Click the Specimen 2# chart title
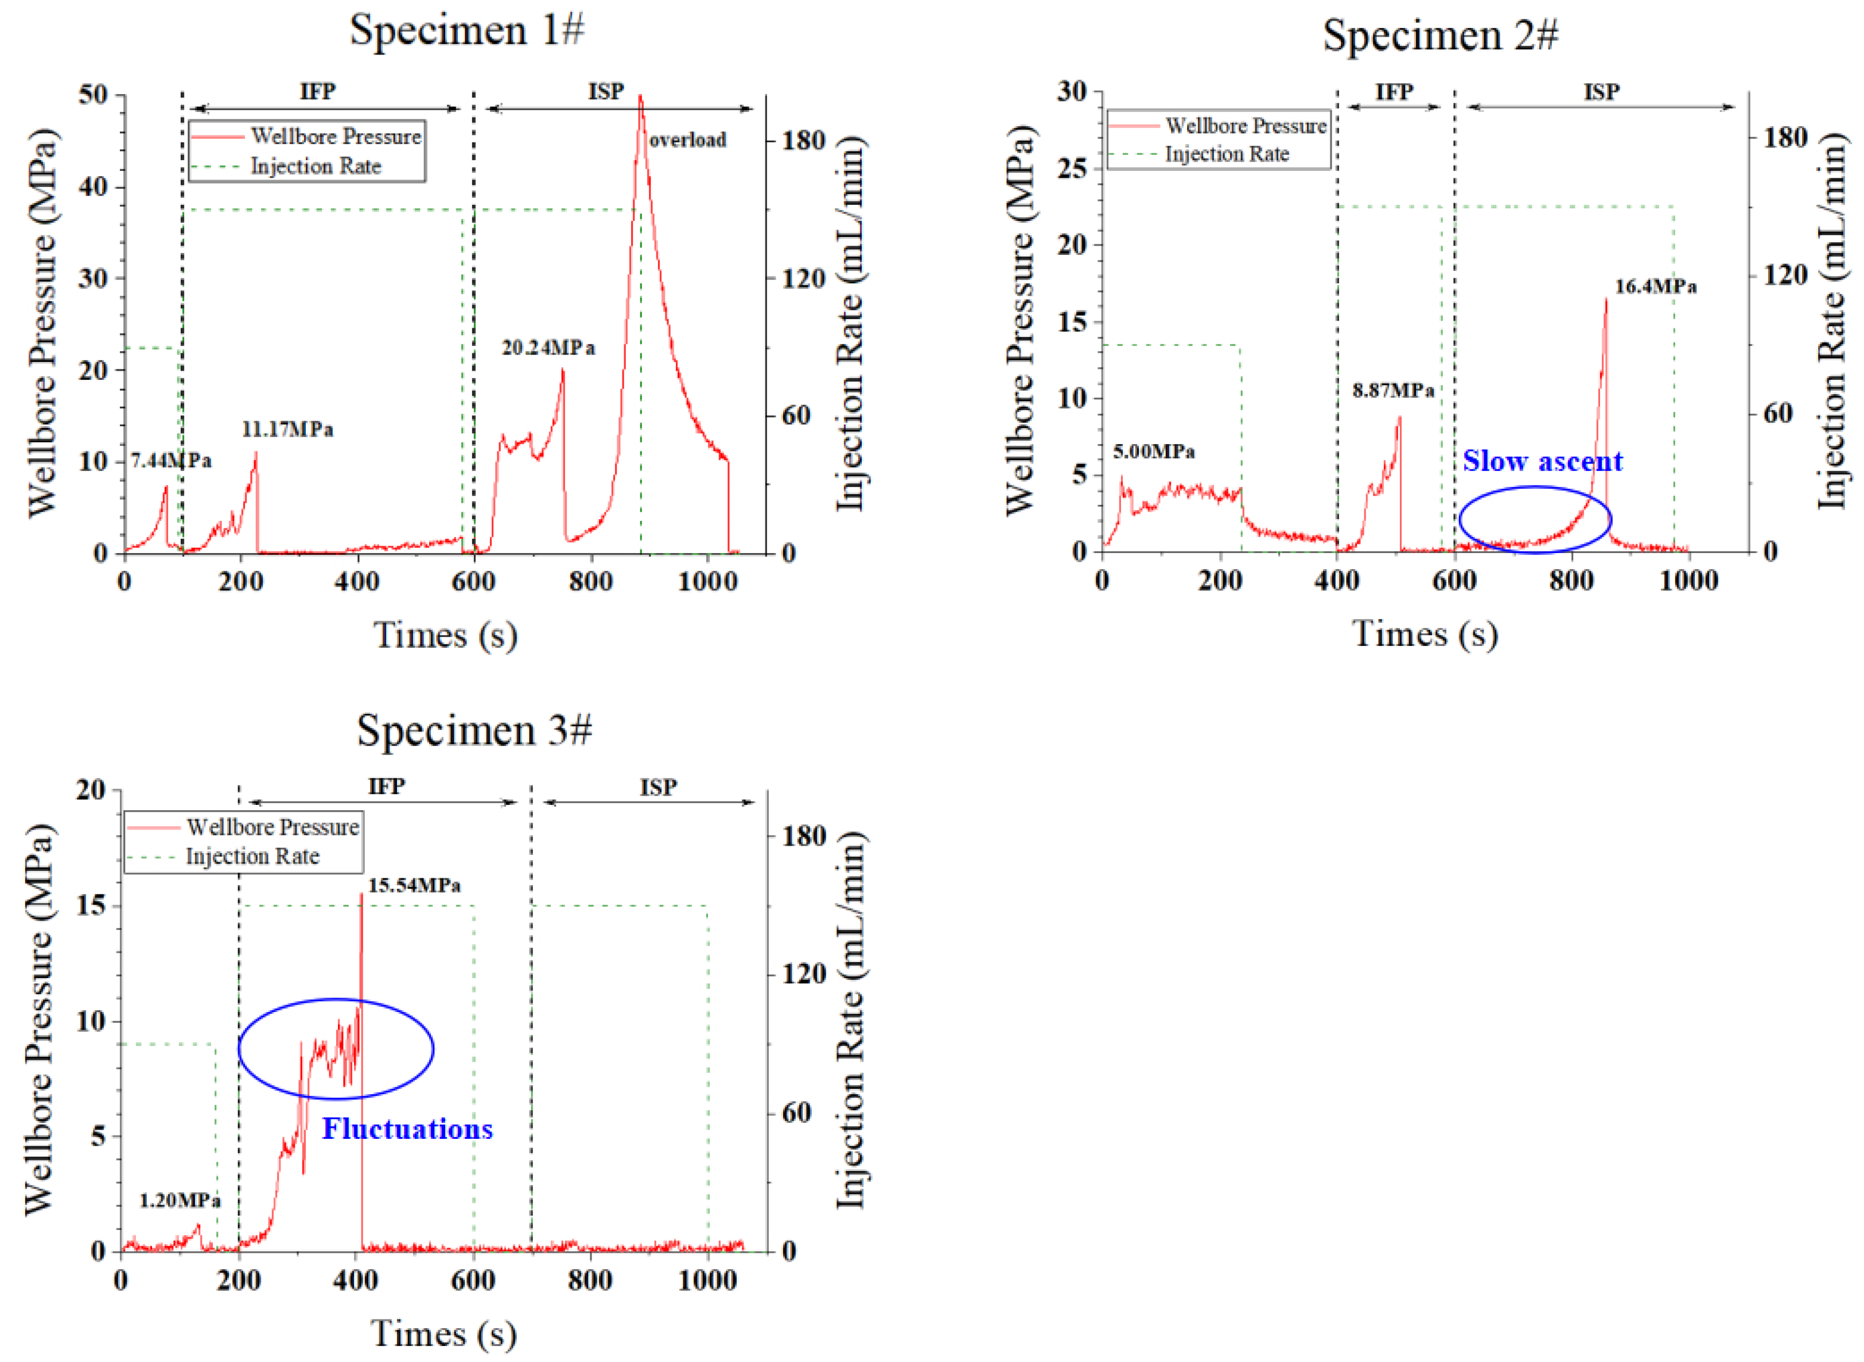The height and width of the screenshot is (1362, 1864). (x=1439, y=36)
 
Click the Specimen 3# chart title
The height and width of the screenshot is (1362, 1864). (x=474, y=730)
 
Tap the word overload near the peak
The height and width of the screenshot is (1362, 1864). (x=687, y=140)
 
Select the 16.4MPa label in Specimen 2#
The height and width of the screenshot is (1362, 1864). (x=1655, y=287)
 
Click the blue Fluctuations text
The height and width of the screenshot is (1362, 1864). (x=407, y=1128)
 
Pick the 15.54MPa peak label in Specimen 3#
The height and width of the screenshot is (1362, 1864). (x=414, y=885)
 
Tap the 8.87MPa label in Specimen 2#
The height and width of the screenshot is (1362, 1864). (x=1393, y=390)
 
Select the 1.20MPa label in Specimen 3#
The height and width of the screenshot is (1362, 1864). (x=180, y=1200)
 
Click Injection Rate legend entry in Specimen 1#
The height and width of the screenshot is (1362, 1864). (x=316, y=166)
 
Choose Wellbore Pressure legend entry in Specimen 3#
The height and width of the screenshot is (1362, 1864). (x=272, y=827)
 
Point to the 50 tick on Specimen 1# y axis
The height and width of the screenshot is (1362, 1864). (x=93, y=95)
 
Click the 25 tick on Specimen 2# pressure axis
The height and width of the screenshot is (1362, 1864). (x=1072, y=168)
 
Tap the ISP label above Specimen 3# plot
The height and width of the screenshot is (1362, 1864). (x=658, y=787)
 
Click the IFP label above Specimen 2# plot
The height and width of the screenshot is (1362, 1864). (x=1393, y=92)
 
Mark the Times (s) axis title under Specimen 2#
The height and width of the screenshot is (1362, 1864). (x=1425, y=634)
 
